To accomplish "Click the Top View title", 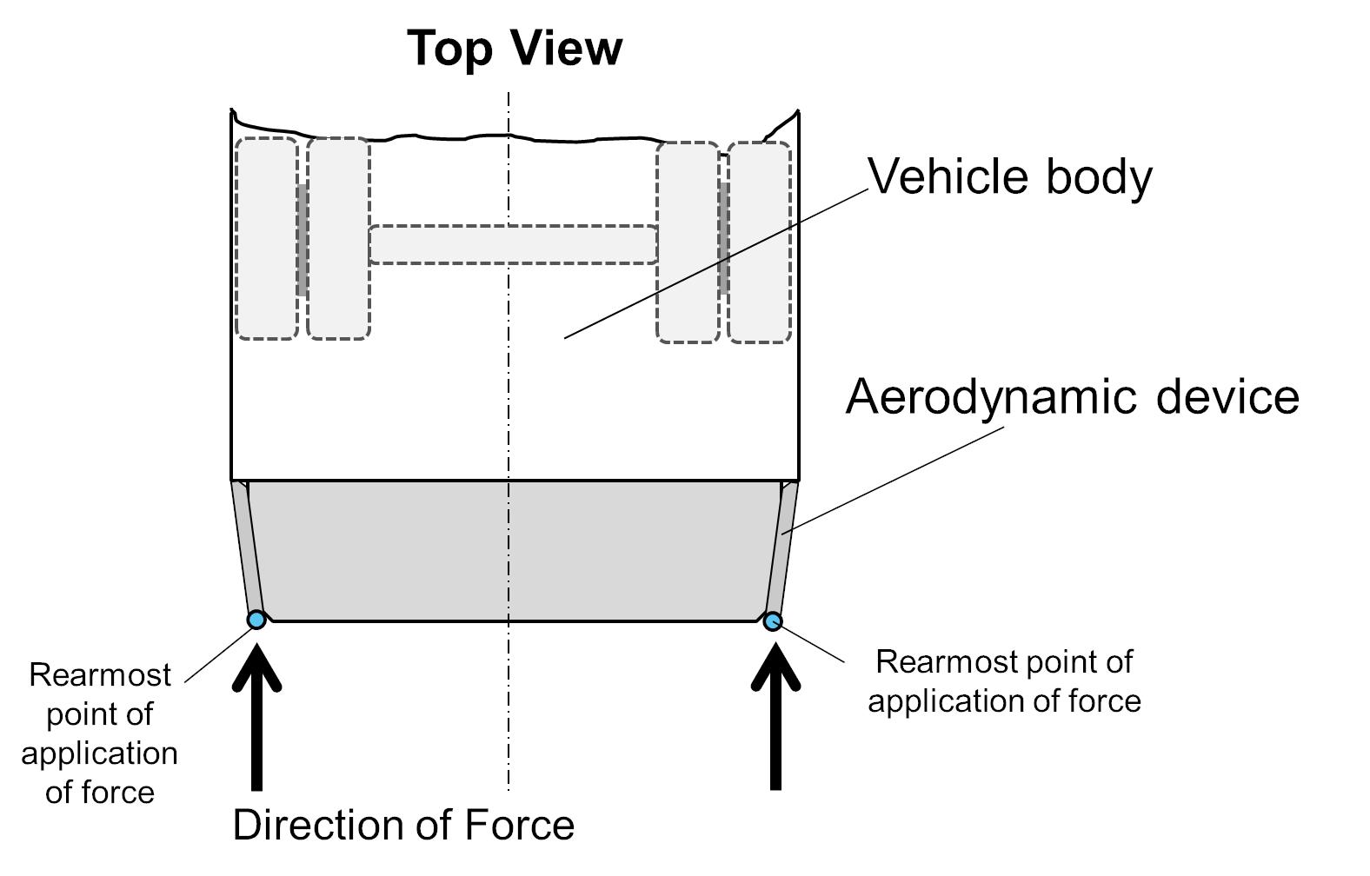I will click(515, 48).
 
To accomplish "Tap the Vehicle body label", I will click(1010, 177).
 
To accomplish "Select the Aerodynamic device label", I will click(1072, 396).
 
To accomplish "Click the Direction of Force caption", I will click(403, 825).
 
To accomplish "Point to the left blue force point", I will click(256, 620).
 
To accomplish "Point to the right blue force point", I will click(773, 621).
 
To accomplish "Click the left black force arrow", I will click(256, 721).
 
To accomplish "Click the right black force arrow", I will click(775, 721).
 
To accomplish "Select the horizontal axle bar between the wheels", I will click(513, 244).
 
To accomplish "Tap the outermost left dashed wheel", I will click(267, 238).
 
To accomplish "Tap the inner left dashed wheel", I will click(338, 238).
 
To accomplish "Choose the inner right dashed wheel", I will click(688, 242).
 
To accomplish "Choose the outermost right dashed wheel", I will click(759, 242).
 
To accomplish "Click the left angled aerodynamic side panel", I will click(246, 547).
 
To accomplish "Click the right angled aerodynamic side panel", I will click(784, 547).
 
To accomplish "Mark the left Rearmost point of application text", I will click(99, 733).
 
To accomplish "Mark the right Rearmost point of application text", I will click(1004, 680).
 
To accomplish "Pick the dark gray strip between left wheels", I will click(302, 240).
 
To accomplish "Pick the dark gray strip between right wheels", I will click(723, 238).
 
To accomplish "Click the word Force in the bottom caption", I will click(520, 825).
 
